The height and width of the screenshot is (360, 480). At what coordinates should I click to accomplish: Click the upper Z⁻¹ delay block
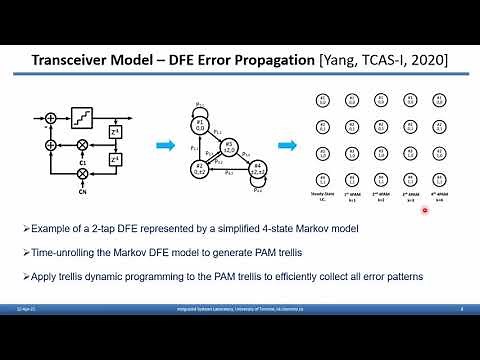pyautogui.click(x=116, y=131)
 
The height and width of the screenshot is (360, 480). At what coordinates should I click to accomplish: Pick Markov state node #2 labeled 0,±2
pyautogui.click(x=201, y=166)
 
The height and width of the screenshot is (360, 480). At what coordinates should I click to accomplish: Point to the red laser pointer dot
pyautogui.click(x=426, y=210)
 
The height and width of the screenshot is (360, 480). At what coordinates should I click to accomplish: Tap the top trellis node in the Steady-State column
pyautogui.click(x=323, y=100)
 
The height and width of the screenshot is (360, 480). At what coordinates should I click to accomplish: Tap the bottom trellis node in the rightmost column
pyautogui.click(x=437, y=178)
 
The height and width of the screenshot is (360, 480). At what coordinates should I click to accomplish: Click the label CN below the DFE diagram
pyautogui.click(x=83, y=191)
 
